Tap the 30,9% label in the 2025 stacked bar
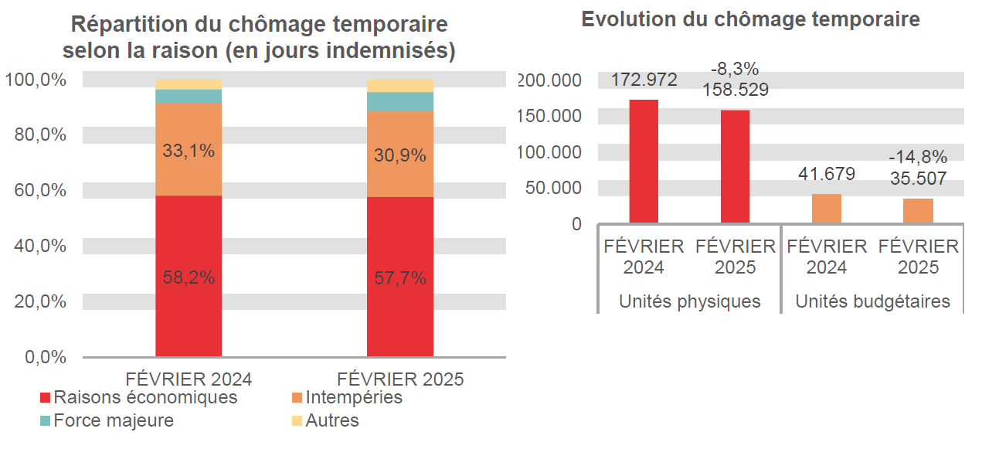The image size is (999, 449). pyautogui.click(x=400, y=155)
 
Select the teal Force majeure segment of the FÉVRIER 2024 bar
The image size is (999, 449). pyautogui.click(x=189, y=96)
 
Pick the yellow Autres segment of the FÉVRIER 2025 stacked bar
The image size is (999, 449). pyautogui.click(x=400, y=85)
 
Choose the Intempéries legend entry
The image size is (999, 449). pyautogui.click(x=348, y=397)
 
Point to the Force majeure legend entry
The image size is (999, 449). pyautogui.click(x=107, y=420)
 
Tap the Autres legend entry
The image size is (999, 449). pyautogui.click(x=325, y=420)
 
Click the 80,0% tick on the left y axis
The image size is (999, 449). pyautogui.click(x=40, y=134)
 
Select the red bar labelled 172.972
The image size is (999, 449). pyautogui.click(x=644, y=162)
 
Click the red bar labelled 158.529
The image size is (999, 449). pyautogui.click(x=735, y=167)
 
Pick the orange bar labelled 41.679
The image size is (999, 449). pyautogui.click(x=827, y=209)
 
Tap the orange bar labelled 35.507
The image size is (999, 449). pyautogui.click(x=918, y=211)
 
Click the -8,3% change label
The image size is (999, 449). pyautogui.click(x=735, y=69)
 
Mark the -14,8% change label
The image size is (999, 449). pyautogui.click(x=918, y=158)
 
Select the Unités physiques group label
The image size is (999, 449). pyautogui.click(x=689, y=301)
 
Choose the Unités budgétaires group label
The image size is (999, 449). pyautogui.click(x=872, y=301)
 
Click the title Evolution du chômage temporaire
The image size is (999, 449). pyautogui.click(x=750, y=19)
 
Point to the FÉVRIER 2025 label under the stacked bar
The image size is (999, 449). pyautogui.click(x=400, y=379)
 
